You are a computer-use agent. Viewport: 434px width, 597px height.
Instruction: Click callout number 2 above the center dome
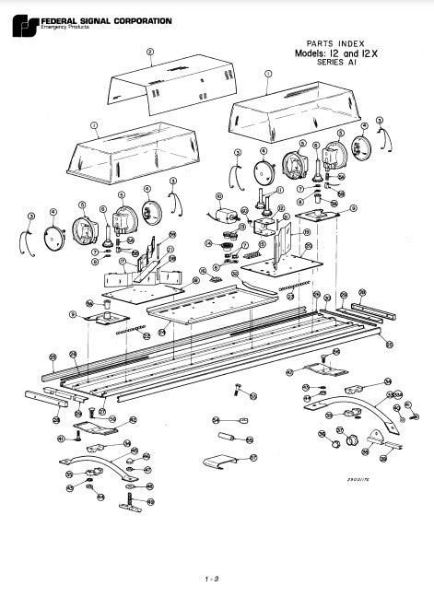pos(149,53)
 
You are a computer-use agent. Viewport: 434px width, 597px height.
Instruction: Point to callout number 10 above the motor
pos(218,196)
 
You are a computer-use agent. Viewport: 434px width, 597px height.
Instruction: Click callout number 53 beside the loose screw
pos(253,395)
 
